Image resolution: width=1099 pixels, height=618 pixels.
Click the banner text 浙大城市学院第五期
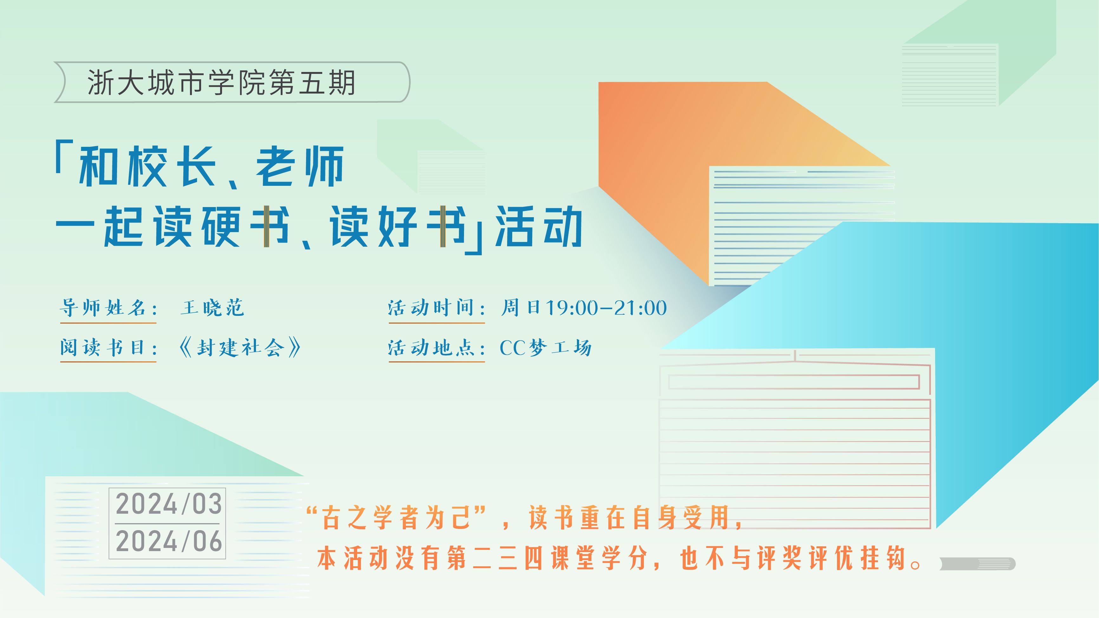[221, 82]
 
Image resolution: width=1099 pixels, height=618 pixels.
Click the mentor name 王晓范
[212, 308]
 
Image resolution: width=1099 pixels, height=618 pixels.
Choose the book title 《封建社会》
[240, 348]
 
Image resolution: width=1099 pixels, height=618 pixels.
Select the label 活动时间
[431, 308]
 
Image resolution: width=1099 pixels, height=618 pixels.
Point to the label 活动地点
[431, 348]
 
